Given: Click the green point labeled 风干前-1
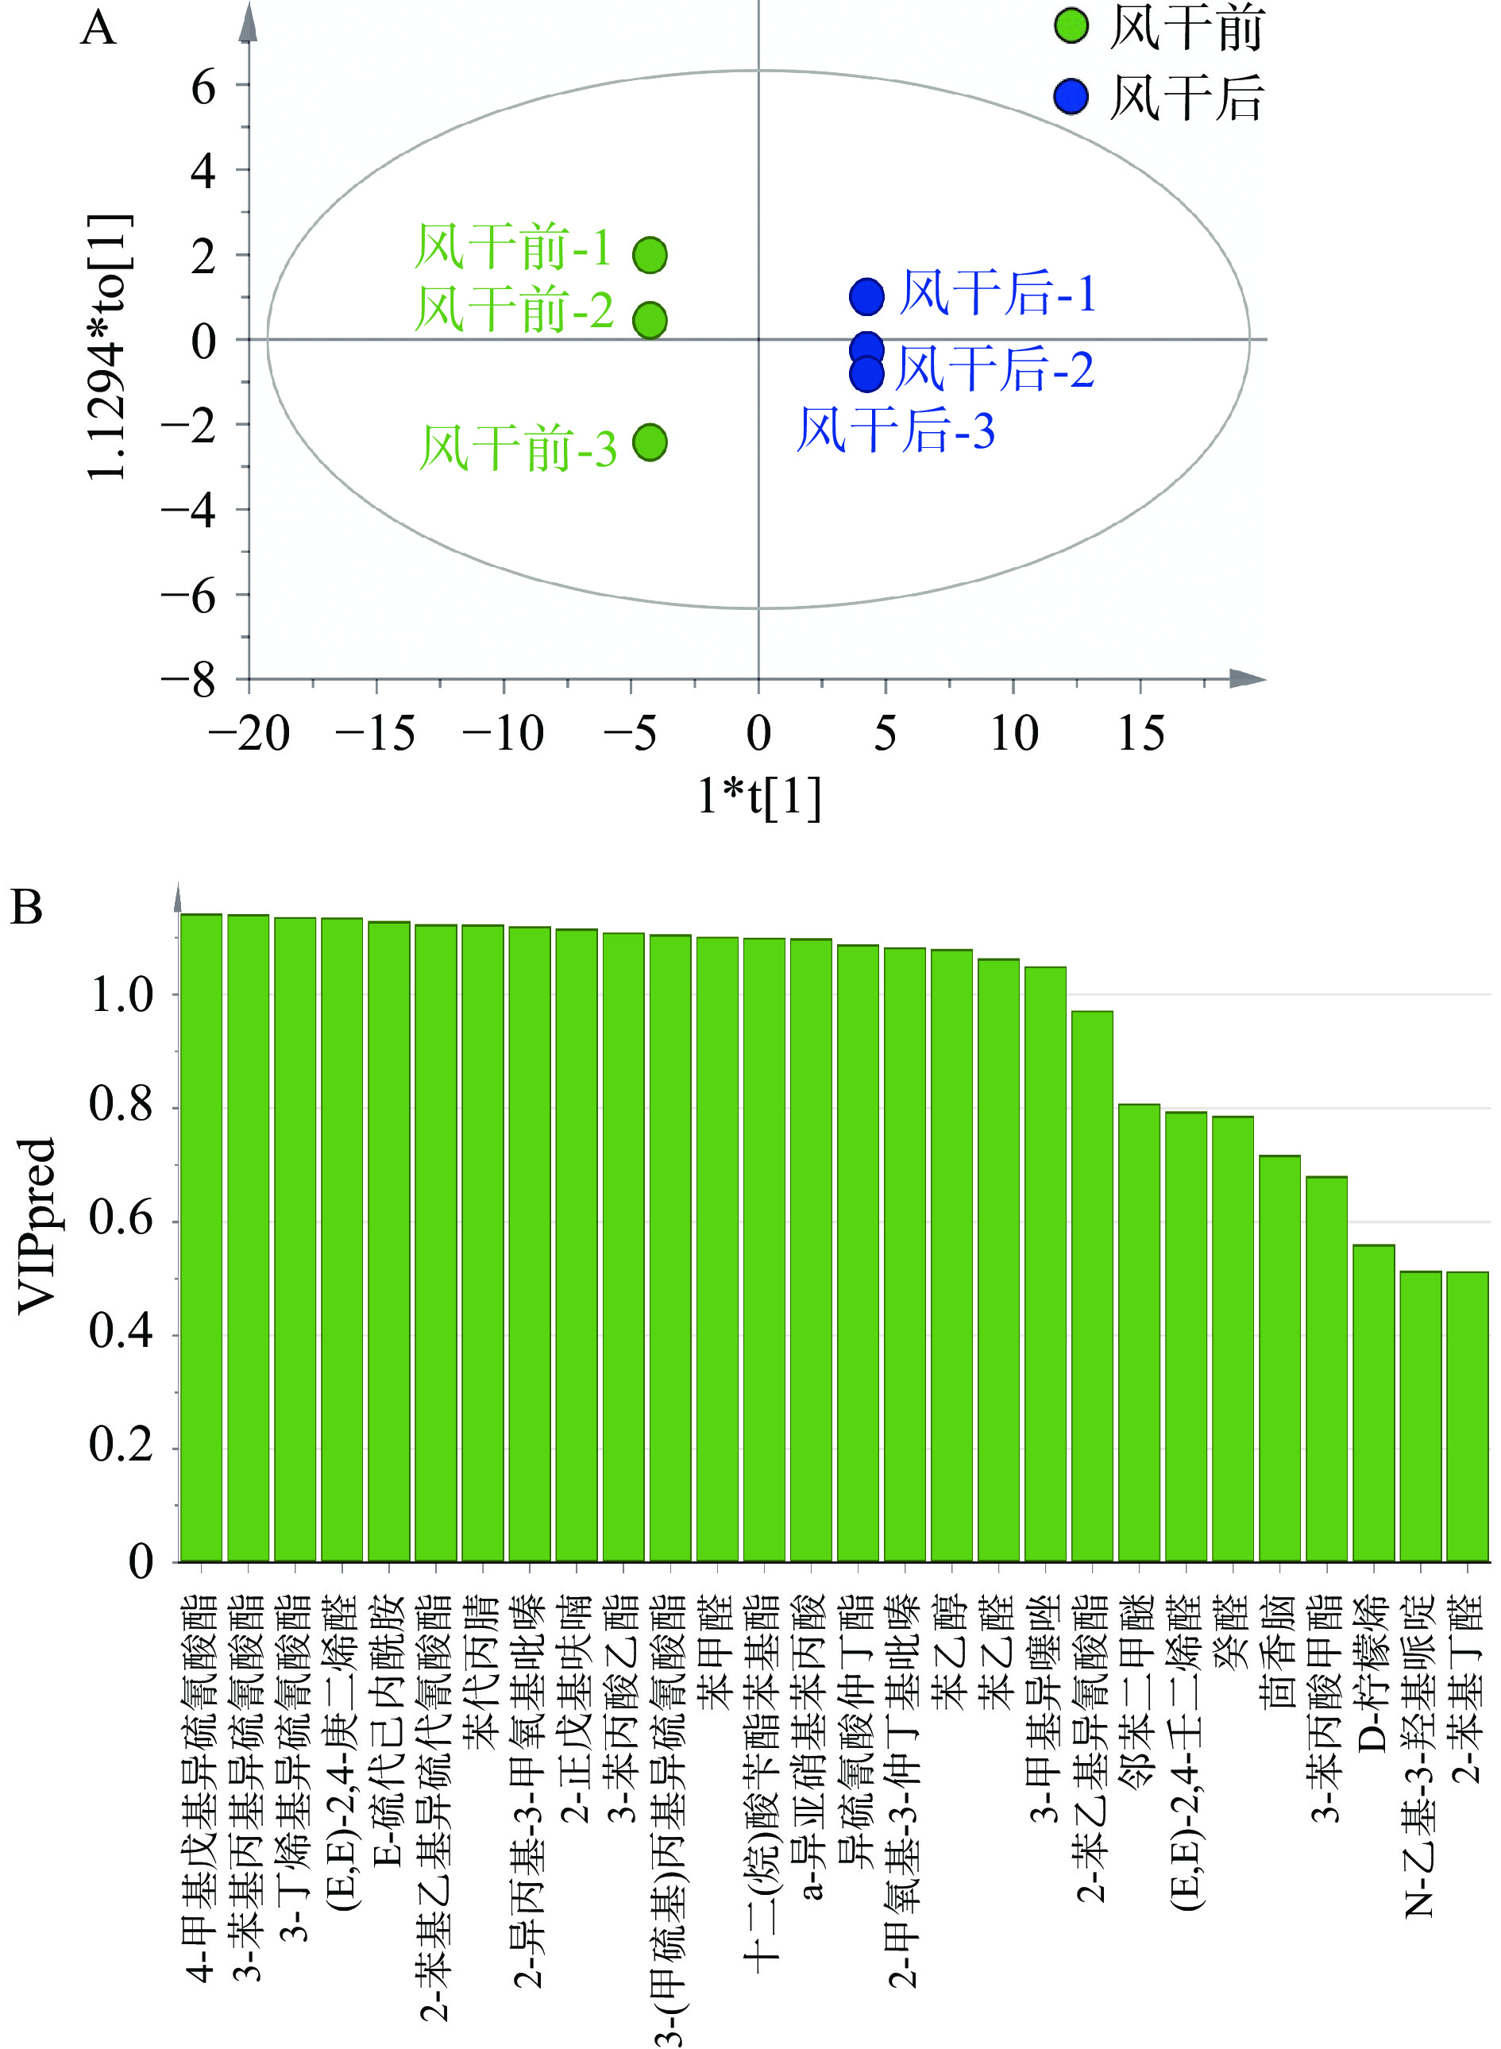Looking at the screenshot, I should (x=650, y=255).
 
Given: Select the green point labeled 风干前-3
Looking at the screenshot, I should (x=650, y=442).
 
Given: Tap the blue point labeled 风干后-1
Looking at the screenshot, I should (x=866, y=295).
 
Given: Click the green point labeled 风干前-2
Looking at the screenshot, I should (x=650, y=320).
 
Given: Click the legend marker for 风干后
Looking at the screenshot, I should (x=1071, y=96).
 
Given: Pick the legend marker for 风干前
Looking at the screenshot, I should (x=1071, y=26).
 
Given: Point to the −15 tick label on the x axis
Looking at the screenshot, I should (x=375, y=733).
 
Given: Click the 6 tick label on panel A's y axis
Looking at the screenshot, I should (x=203, y=88).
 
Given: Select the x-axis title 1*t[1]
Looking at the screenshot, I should (x=758, y=796).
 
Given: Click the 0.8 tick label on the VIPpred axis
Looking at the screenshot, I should (x=121, y=1106).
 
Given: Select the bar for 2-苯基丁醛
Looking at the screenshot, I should (x=1467, y=1418).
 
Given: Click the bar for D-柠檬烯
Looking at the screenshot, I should (x=1373, y=1404).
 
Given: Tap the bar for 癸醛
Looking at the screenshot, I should (x=1232, y=1341).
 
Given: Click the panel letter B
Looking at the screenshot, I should (x=26, y=908).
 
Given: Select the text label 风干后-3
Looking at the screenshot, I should (x=896, y=430).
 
